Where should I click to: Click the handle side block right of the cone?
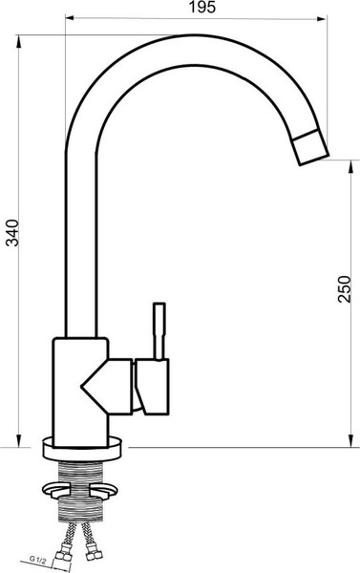(155, 388)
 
